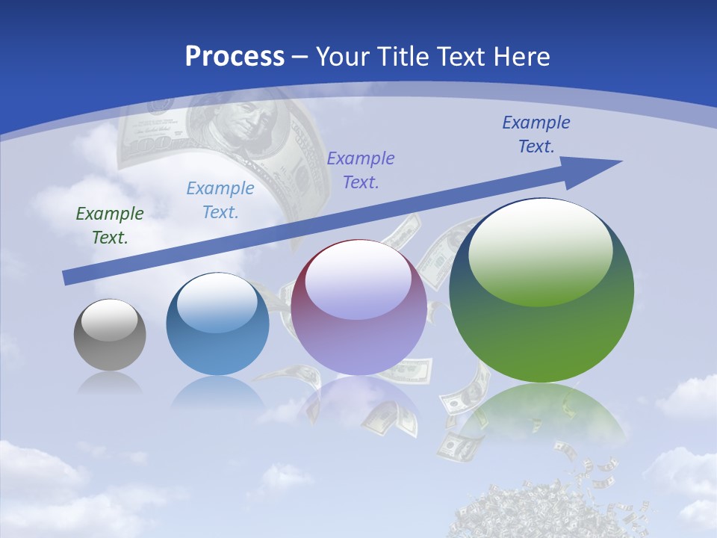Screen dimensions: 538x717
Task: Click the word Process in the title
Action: [x=235, y=56]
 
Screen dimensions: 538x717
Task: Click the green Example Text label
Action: [x=110, y=226]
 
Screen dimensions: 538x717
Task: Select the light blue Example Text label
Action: [x=220, y=200]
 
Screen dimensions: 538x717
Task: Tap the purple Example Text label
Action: [x=361, y=170]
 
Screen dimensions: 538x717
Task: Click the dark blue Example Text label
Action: [x=536, y=134]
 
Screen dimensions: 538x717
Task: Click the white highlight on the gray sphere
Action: [x=109, y=321]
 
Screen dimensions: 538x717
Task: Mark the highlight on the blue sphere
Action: [x=217, y=303]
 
